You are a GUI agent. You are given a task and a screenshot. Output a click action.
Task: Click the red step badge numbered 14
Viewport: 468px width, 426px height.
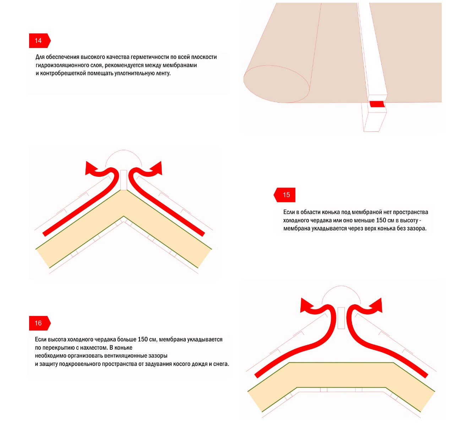(x=40, y=40)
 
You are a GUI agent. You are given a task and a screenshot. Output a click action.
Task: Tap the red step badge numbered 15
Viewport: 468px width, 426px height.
(x=284, y=195)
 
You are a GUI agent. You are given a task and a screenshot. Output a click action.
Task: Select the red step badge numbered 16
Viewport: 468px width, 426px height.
(x=40, y=323)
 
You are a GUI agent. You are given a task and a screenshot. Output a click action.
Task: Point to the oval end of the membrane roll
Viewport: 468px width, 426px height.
(x=277, y=84)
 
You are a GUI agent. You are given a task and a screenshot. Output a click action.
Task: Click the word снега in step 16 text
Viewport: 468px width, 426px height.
(x=221, y=364)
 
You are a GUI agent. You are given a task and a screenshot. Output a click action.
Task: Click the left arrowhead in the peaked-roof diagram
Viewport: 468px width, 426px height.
(x=90, y=168)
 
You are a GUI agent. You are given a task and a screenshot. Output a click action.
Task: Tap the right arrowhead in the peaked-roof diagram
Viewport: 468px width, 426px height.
(x=157, y=168)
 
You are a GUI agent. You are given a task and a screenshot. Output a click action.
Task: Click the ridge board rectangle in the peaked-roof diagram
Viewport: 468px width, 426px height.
(x=124, y=180)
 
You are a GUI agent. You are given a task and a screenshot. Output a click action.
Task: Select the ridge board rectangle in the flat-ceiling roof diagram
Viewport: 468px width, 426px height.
(x=341, y=318)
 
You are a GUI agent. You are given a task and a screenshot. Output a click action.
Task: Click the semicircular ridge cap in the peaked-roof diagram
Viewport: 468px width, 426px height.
(x=124, y=150)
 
